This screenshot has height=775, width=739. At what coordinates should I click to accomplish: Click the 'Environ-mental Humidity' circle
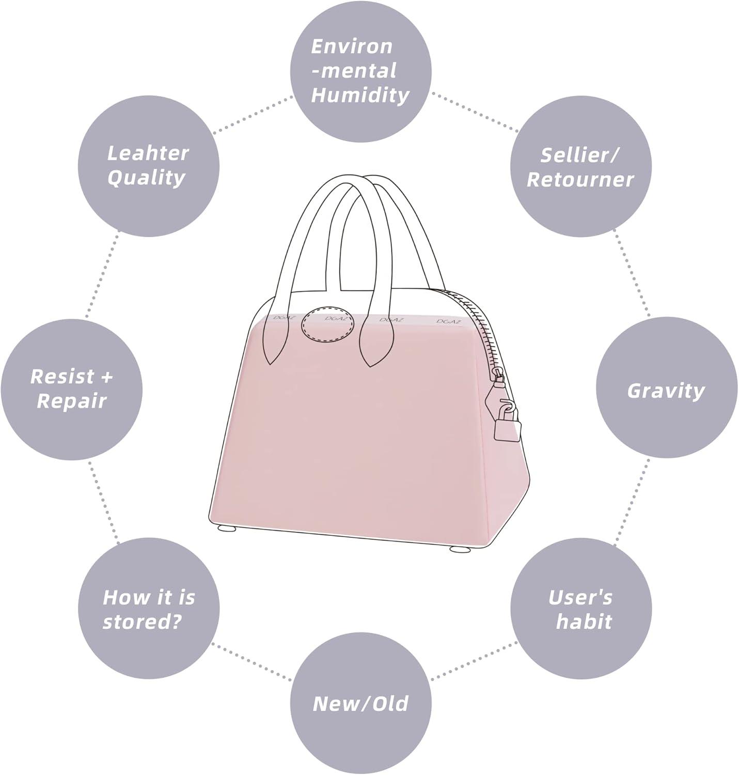point(360,71)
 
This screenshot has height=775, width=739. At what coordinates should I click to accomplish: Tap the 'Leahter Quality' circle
point(148,166)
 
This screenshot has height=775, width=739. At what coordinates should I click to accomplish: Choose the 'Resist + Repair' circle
point(71,389)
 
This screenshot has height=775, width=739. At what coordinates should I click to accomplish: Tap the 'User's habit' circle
point(580,610)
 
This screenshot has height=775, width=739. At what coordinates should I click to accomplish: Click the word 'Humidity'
point(360,96)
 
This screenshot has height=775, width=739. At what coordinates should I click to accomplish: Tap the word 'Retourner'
point(580,180)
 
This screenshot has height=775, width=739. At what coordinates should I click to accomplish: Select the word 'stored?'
point(142,622)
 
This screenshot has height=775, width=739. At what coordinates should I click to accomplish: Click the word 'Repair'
point(71,401)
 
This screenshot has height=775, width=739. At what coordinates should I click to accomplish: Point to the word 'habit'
point(584,622)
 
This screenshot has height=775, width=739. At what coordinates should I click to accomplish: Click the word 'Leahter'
point(148,153)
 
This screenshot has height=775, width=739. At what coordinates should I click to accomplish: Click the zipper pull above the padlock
point(497,382)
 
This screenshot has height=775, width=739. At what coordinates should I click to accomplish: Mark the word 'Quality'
point(147,178)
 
